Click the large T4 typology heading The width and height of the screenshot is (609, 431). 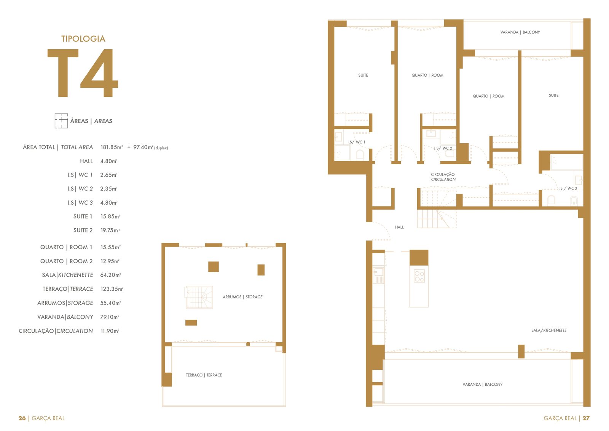tap(83, 73)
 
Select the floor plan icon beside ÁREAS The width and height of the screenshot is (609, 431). tap(61, 121)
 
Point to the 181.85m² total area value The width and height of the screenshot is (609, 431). tap(112, 147)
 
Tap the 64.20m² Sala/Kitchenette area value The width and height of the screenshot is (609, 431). tap(110, 275)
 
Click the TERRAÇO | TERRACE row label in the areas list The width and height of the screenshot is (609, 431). tap(68, 289)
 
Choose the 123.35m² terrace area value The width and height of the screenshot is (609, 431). tap(112, 289)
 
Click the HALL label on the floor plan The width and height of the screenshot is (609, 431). tap(399, 227)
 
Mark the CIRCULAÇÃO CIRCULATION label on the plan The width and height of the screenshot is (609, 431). tap(443, 177)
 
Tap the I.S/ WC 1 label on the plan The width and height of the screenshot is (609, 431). tap(356, 142)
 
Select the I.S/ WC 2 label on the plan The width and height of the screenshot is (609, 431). tap(443, 148)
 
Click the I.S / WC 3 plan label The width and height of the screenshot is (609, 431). tap(567, 188)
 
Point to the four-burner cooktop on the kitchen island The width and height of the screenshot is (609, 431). tap(419, 276)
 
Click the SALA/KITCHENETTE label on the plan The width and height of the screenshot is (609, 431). tap(548, 330)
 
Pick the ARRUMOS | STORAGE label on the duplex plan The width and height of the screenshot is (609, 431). tap(242, 297)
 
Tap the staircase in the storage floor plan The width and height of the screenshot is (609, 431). tap(199, 297)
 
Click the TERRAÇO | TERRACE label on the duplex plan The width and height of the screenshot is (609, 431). tap(204, 375)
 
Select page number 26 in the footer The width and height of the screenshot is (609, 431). tap(22, 418)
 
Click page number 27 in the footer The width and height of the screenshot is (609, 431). tap(586, 418)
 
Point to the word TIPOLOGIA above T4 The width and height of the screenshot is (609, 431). tap(83, 38)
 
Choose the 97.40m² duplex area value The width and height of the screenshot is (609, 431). tap(143, 147)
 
